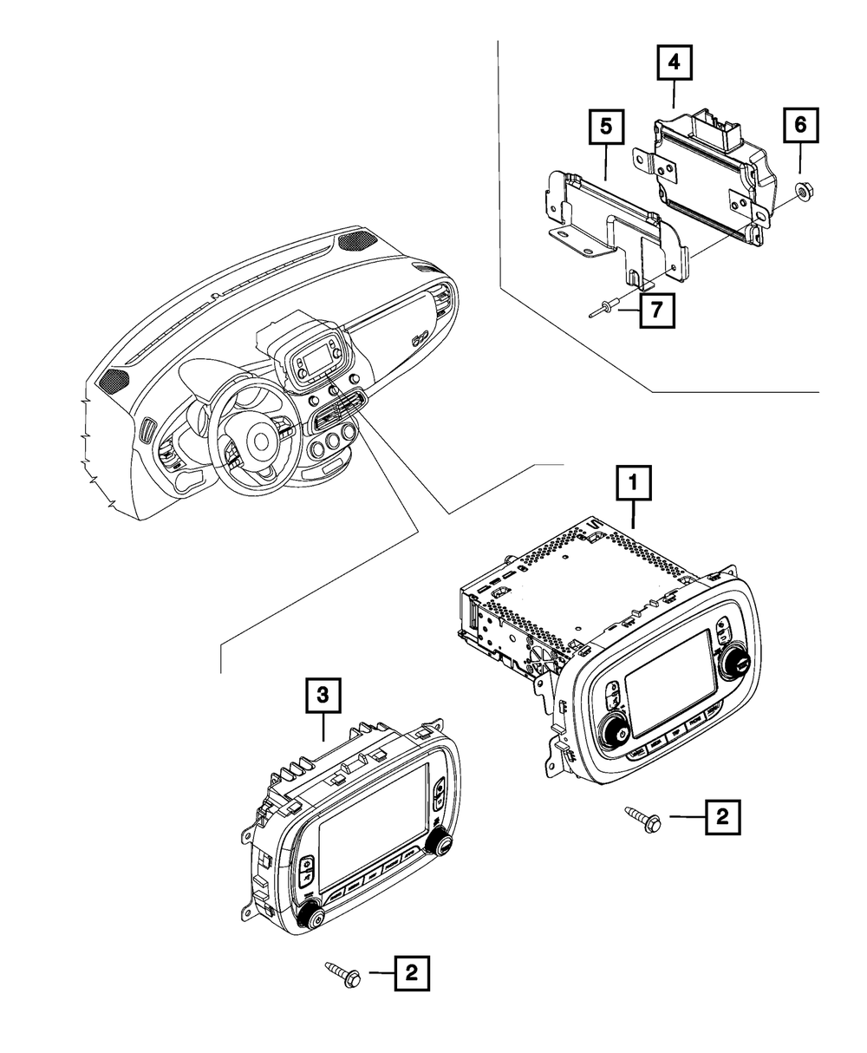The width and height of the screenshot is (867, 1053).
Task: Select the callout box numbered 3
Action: tap(323, 695)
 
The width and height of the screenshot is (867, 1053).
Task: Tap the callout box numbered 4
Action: tap(675, 63)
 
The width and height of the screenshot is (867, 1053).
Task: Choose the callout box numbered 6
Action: tap(799, 126)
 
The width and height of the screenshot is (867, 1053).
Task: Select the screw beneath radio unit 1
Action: tap(642, 818)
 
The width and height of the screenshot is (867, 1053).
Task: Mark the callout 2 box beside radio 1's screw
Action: tap(723, 816)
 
